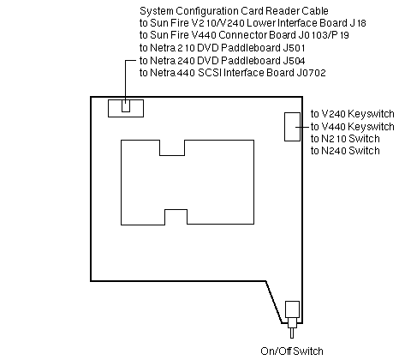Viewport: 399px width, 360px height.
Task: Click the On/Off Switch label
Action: point(292,351)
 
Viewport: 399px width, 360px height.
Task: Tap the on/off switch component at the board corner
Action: point(293,319)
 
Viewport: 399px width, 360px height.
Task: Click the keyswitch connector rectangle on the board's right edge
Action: point(292,127)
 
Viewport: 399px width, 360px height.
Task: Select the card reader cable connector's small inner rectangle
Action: point(126,105)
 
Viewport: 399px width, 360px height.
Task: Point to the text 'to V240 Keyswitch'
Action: point(353,114)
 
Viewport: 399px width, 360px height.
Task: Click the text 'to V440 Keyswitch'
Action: point(353,126)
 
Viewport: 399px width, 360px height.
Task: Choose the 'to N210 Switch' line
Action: point(345,139)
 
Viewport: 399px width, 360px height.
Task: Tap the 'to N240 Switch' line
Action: point(345,151)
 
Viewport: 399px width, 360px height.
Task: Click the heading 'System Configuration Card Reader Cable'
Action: point(234,11)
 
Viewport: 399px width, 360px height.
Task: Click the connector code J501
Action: point(295,48)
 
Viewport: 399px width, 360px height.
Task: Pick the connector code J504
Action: point(295,61)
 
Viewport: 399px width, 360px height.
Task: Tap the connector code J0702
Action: point(312,73)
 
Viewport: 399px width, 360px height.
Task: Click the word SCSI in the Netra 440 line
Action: point(210,73)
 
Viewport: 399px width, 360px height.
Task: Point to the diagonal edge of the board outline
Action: point(274,302)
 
